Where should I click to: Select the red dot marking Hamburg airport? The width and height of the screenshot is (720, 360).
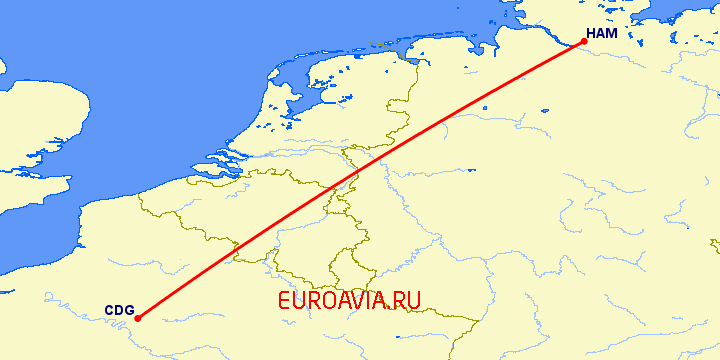pyautogui.click(x=584, y=42)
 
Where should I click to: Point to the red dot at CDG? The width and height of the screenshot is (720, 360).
pyautogui.click(x=138, y=318)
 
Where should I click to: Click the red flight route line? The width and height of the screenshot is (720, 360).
pyautogui.click(x=360, y=181)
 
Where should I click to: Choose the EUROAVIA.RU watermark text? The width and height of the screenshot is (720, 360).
pyautogui.click(x=350, y=299)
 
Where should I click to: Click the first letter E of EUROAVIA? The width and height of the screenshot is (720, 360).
pyautogui.click(x=286, y=299)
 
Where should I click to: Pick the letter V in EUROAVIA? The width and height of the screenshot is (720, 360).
pyautogui.click(x=351, y=299)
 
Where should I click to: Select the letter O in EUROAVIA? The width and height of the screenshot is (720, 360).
pyautogui.click(x=327, y=299)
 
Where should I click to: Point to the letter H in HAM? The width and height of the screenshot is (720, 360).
pyautogui.click(x=591, y=34)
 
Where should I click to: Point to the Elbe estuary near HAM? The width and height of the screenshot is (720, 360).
pyautogui.click(x=545, y=30)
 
